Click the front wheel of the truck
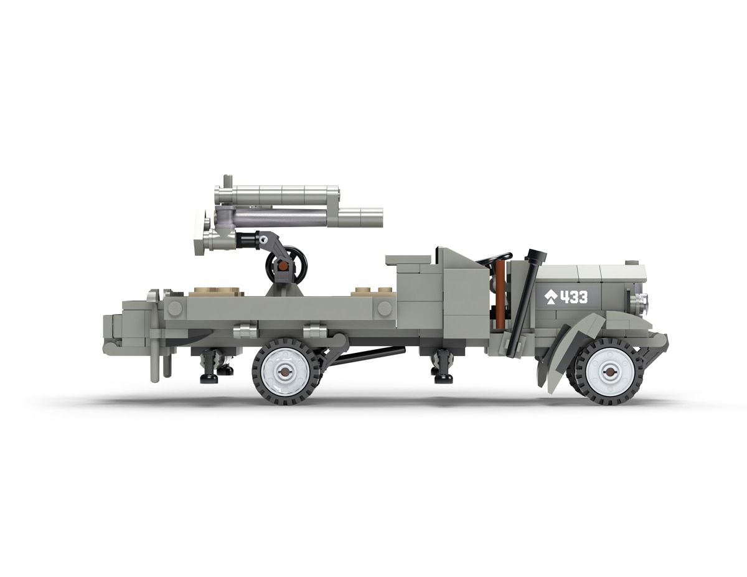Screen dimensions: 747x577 (x=609, y=372)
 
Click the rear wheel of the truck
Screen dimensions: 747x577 (x=285, y=372)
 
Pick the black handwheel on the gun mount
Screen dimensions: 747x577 (x=287, y=265)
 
